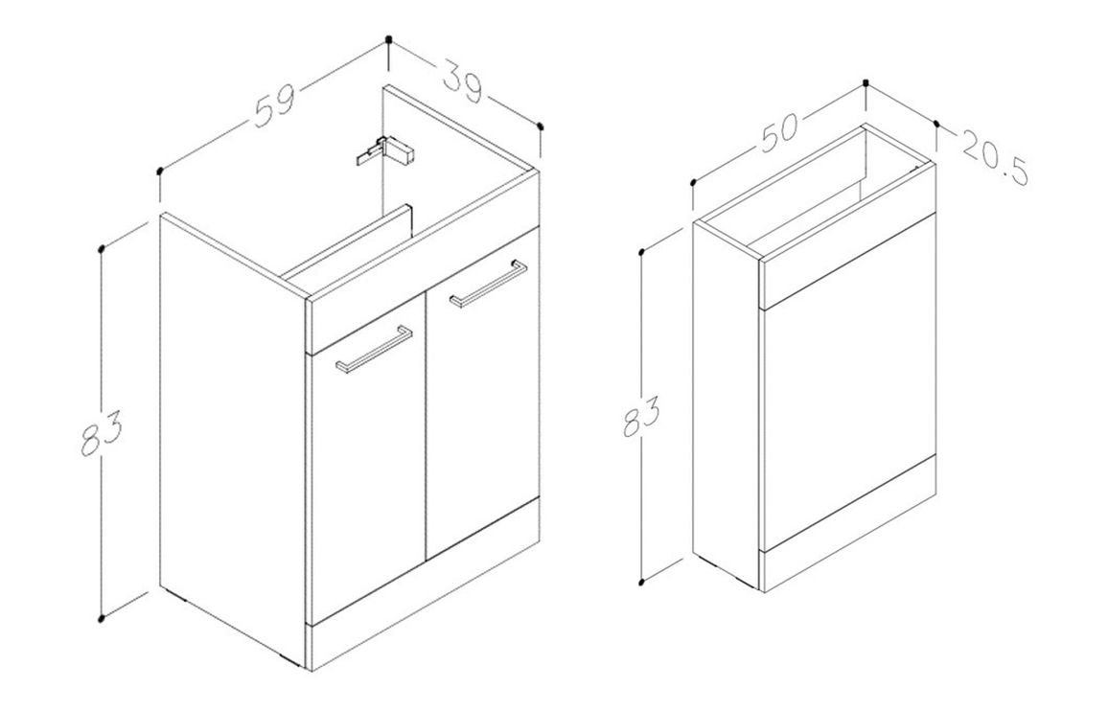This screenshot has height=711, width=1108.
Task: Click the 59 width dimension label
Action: [274, 106]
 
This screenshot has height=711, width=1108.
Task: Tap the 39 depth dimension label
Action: [464, 82]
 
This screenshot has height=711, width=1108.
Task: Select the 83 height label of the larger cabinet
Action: [101, 432]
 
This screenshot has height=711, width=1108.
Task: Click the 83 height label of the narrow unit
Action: [641, 416]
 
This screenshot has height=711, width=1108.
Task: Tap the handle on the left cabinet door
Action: [375, 349]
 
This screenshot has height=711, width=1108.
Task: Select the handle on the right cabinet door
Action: [488, 285]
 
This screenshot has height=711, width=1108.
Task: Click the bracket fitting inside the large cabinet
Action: [384, 150]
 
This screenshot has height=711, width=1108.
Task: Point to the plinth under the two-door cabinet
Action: [424, 585]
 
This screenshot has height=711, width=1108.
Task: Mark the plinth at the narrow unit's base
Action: [847, 523]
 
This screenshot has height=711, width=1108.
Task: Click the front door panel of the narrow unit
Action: [848, 386]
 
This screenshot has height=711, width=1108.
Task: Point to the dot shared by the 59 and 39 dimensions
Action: [388, 39]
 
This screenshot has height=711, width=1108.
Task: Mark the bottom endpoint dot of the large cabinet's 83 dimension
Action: [103, 619]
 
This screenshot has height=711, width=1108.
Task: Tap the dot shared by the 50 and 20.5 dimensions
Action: [867, 82]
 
